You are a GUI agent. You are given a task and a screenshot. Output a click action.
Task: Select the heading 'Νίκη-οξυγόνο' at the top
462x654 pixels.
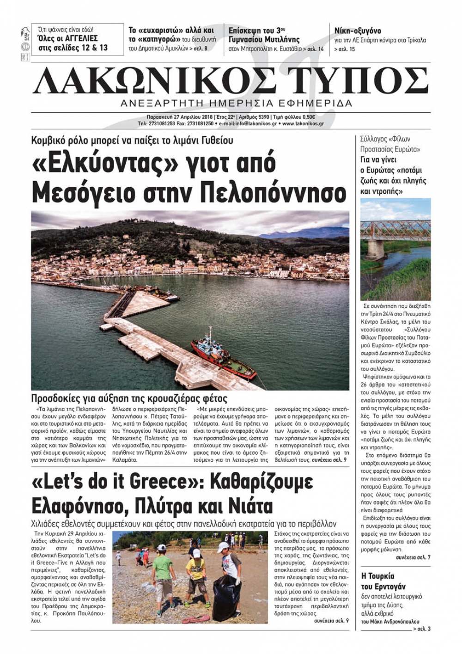point(358,31)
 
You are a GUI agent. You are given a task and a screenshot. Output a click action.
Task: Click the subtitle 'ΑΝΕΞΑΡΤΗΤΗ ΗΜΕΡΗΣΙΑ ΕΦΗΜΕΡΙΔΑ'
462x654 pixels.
point(236,103)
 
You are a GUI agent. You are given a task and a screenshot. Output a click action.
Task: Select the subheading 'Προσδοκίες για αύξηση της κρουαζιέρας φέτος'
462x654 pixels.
point(129,398)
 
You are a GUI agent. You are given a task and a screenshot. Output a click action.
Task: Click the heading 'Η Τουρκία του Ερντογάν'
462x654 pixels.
point(383,581)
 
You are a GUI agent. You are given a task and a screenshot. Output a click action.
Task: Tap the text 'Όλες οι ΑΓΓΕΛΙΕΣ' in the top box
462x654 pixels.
point(67,38)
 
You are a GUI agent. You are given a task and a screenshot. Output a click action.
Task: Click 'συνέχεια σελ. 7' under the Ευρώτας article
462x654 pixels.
point(413,558)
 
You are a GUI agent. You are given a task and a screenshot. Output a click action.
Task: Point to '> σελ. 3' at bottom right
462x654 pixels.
point(422,629)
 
